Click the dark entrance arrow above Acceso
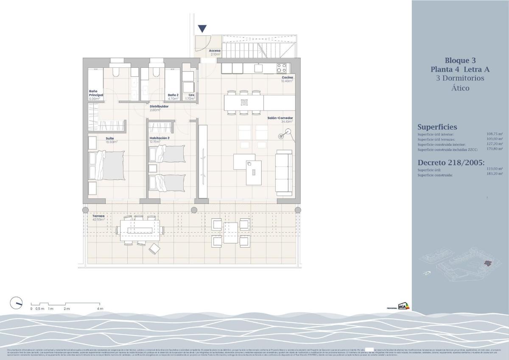pyautogui.click(x=202, y=29)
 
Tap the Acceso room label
pyautogui.click(x=215, y=51)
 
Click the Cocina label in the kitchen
pyautogui.click(x=288, y=78)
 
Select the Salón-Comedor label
pyautogui.click(x=280, y=118)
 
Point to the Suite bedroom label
pyautogui.click(x=110, y=138)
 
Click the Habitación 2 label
pyautogui.click(x=159, y=138)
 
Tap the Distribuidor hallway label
pyautogui.click(x=159, y=107)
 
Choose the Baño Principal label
pyautogui.click(x=96, y=93)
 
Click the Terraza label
pyautogui.click(x=98, y=216)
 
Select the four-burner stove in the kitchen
pyautogui.click(x=282, y=67)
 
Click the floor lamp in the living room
pyautogui.click(x=281, y=136)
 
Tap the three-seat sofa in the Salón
pyautogui.click(x=284, y=171)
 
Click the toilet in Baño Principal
pyautogui.click(x=116, y=69)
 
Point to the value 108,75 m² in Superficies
pyautogui.click(x=495, y=134)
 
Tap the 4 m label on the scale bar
pyautogui.click(x=100, y=309)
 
